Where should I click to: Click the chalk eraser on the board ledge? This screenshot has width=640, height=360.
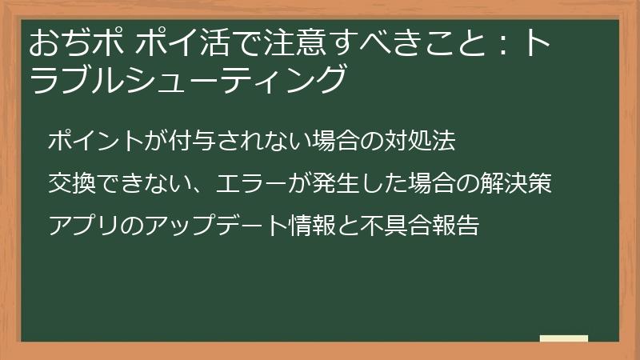563,339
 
